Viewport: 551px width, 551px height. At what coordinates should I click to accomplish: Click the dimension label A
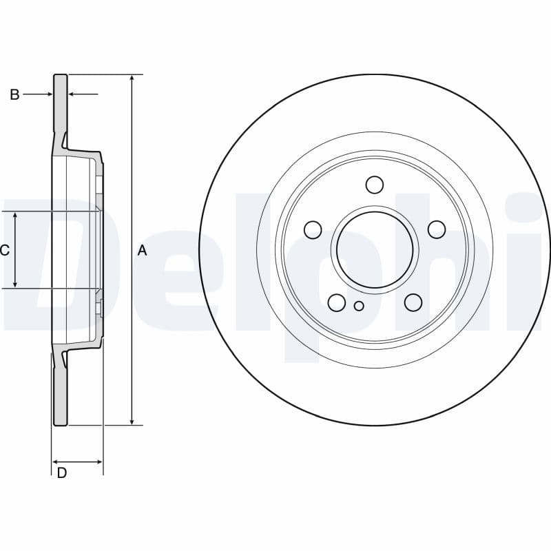pyautogui.click(x=143, y=251)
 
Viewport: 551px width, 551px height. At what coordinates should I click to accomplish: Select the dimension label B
pyautogui.click(x=14, y=95)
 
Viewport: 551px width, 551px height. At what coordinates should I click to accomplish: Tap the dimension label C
pyautogui.click(x=5, y=251)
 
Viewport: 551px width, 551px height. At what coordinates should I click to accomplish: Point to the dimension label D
pyautogui.click(x=62, y=473)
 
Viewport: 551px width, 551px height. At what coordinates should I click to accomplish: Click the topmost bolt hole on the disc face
pyautogui.click(x=374, y=185)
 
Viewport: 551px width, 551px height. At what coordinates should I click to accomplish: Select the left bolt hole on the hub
pyautogui.click(x=313, y=229)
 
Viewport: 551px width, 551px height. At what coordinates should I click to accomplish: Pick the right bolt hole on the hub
pyautogui.click(x=436, y=229)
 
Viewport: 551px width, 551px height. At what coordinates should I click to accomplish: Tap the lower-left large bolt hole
pyautogui.click(x=337, y=302)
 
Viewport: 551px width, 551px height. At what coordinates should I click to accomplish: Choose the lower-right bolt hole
pyautogui.click(x=413, y=302)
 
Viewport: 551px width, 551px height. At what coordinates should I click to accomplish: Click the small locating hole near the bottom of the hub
pyautogui.click(x=358, y=306)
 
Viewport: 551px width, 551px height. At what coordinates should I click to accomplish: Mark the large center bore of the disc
pyautogui.click(x=375, y=249)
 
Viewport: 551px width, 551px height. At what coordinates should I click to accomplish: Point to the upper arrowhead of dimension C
pyautogui.click(x=16, y=216)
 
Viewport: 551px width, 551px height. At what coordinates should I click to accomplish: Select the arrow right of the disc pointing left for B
pyautogui.click(x=73, y=94)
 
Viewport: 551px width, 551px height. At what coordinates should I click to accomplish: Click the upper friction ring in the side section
pyautogui.click(x=61, y=103)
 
